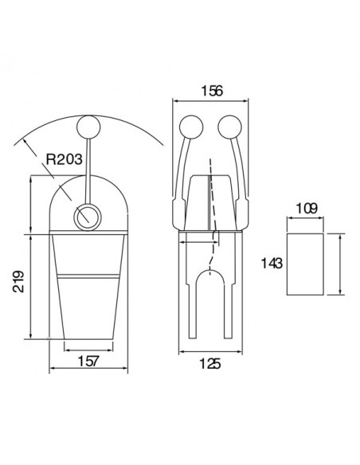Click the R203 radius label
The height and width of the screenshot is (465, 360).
point(64,159)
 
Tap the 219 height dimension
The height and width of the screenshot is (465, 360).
point(18,281)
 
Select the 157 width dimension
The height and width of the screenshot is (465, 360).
point(88,361)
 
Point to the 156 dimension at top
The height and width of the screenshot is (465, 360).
point(212,91)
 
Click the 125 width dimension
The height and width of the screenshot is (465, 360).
point(210,363)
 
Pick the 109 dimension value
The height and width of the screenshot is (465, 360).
point(307,209)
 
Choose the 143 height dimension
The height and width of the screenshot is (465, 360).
point(272,263)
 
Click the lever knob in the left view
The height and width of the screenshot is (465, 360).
point(88,127)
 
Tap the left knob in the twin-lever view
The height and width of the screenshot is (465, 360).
point(191,127)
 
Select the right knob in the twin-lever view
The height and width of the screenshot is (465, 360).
point(229,127)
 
